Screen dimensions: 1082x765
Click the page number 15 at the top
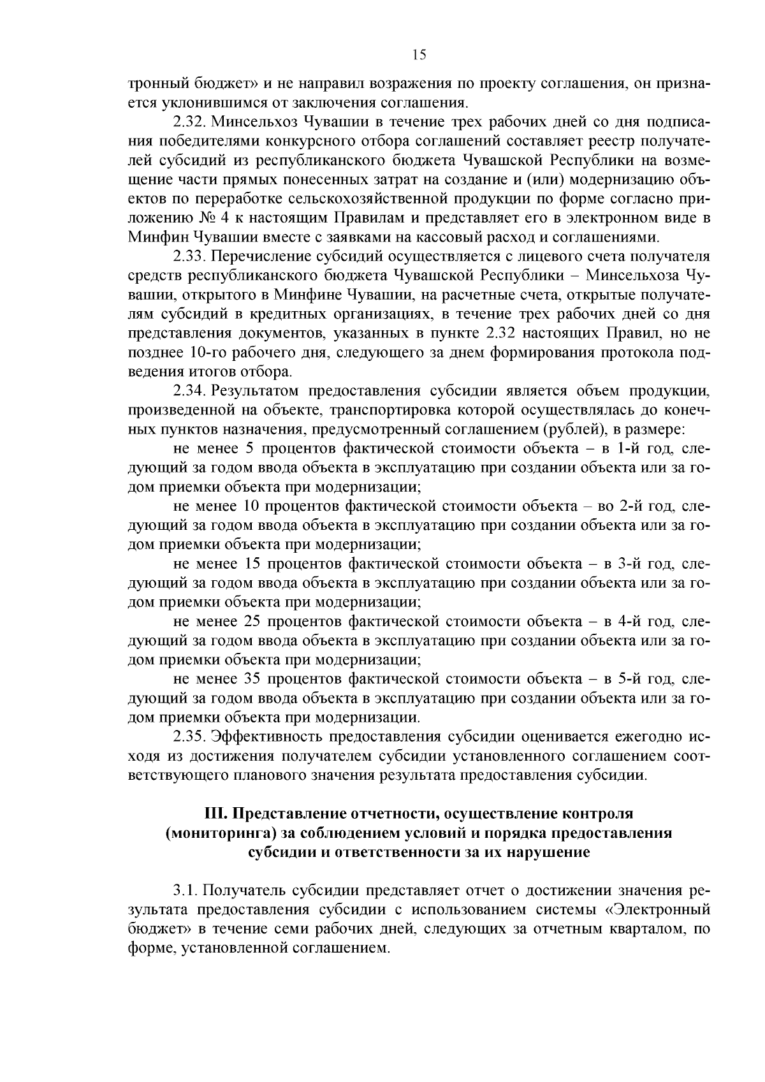point(419,55)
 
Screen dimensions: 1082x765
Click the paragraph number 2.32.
point(189,121)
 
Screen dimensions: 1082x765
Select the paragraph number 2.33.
point(189,256)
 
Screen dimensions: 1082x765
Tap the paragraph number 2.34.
point(189,391)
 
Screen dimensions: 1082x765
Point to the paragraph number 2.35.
point(189,737)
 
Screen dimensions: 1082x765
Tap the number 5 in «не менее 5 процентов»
point(250,449)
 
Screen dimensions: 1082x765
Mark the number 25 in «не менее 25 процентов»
point(252,622)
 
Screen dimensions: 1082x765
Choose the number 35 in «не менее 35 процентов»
point(252,679)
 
